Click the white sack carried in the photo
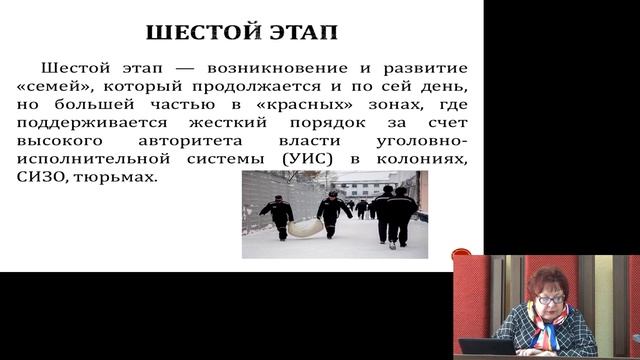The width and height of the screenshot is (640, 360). [305, 228]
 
